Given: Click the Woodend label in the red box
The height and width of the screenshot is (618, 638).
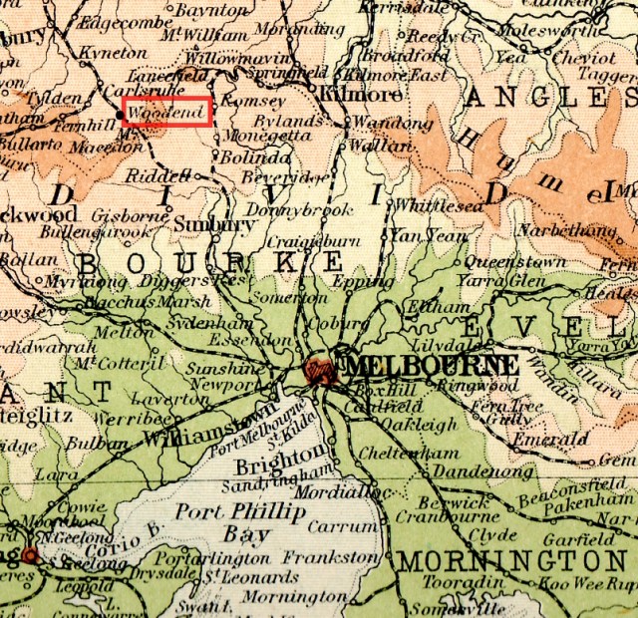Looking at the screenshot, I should (x=166, y=113).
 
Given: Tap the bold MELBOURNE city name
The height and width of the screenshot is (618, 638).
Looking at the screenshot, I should (x=432, y=365).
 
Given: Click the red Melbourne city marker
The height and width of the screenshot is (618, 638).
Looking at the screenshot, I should (x=321, y=370).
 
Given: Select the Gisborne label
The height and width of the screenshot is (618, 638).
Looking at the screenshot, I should (x=125, y=215).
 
